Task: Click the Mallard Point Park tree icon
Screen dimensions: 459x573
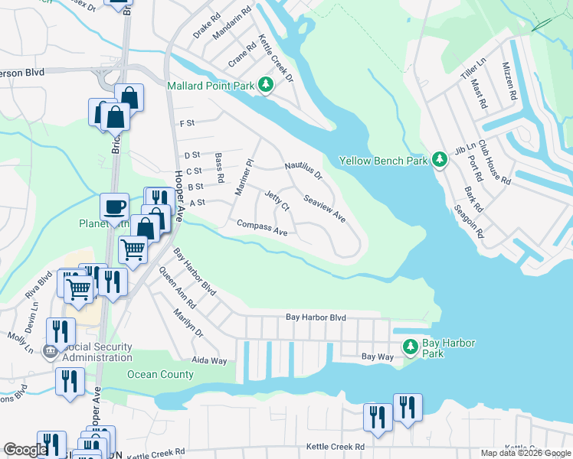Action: tap(265, 85)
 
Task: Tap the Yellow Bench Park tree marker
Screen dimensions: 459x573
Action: tap(440, 160)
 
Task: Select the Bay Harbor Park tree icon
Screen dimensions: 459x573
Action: tap(411, 347)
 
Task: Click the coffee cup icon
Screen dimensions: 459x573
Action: tap(114, 207)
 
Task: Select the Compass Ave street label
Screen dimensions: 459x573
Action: tap(262, 228)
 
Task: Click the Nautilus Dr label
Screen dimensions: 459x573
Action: tap(303, 171)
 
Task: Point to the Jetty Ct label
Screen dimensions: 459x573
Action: tap(277, 202)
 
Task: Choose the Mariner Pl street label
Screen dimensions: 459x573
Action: tap(244, 177)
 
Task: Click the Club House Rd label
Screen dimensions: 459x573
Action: tap(494, 162)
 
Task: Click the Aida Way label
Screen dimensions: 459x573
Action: tap(209, 360)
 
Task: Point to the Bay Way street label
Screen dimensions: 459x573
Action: tap(376, 357)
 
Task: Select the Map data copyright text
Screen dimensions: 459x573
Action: tap(525, 453)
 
